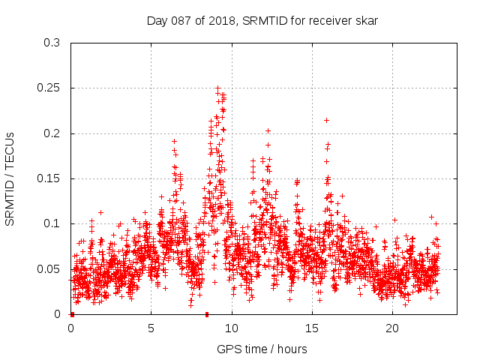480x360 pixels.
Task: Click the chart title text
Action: tap(261, 21)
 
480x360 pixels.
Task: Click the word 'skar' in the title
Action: tap(367, 21)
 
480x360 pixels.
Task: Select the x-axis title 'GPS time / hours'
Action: tap(262, 349)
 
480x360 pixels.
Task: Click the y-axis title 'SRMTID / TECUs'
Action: tap(10, 178)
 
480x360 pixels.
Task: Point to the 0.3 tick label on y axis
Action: tap(52, 43)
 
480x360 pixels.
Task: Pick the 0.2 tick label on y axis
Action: tap(52, 133)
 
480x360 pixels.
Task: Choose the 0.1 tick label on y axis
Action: tap(52, 223)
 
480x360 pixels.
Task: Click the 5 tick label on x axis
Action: tap(151, 328)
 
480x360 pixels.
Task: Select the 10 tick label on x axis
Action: tap(232, 328)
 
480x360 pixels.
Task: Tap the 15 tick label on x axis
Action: tap(312, 328)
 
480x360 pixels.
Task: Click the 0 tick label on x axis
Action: tap(71, 328)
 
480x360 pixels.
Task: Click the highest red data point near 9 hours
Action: tap(217, 88)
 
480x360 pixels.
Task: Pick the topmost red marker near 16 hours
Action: tap(326, 120)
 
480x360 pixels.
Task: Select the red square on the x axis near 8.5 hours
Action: tap(207, 314)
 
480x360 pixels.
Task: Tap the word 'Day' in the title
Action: tap(155, 21)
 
